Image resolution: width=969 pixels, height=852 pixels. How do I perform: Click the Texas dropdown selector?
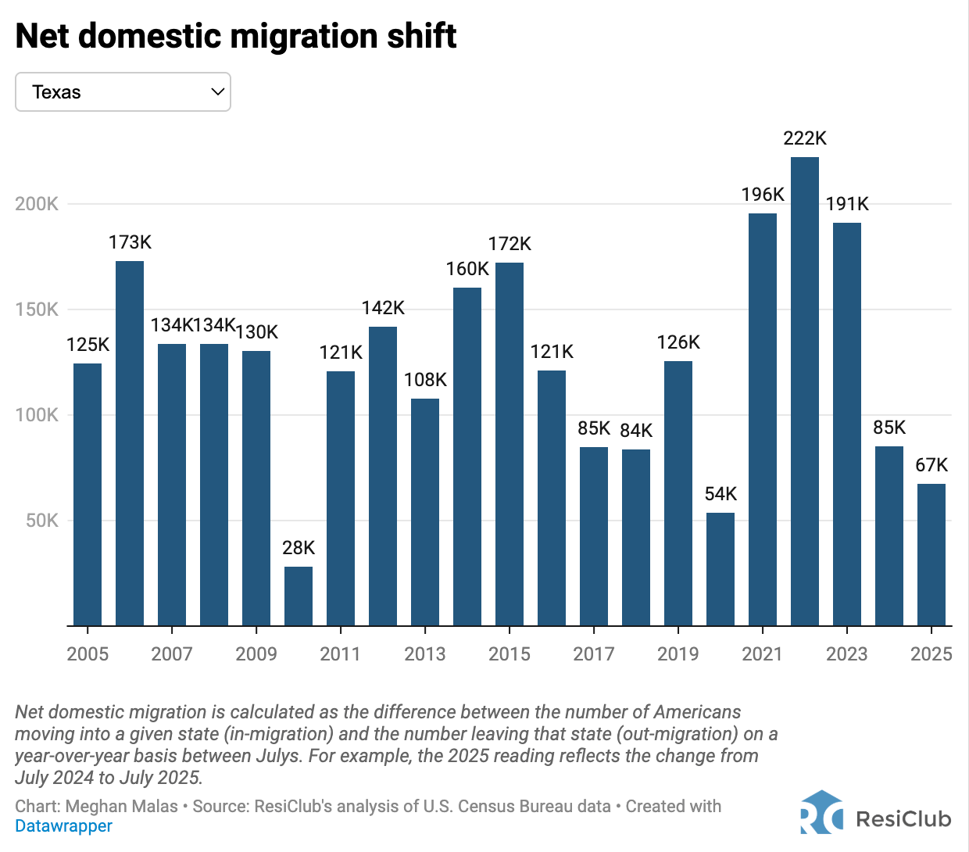(x=123, y=92)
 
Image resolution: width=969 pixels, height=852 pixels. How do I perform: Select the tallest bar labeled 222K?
(x=805, y=391)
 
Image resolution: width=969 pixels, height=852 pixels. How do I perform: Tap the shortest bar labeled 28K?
(x=299, y=596)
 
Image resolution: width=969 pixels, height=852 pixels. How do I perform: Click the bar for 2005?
(x=88, y=494)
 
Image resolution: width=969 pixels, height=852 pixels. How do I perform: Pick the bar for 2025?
(x=931, y=555)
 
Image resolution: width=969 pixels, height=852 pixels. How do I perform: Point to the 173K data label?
(x=130, y=242)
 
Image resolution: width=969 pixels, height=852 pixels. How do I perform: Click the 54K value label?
(x=720, y=494)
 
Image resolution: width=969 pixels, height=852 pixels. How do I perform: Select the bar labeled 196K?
(x=763, y=419)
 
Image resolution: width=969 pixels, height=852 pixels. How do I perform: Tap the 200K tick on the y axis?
(x=37, y=204)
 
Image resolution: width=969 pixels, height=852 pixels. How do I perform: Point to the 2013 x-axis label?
(x=425, y=654)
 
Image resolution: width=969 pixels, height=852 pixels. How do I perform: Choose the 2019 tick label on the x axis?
(x=678, y=654)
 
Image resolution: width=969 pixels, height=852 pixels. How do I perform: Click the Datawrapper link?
(x=64, y=826)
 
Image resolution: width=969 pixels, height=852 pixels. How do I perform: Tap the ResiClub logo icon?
(x=821, y=813)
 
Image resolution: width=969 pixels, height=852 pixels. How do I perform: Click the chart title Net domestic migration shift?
(x=236, y=36)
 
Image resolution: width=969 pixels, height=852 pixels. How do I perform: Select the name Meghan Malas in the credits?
(x=122, y=807)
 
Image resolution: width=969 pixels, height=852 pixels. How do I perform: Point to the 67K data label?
(x=931, y=465)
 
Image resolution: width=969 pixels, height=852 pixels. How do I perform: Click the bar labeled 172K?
(x=510, y=444)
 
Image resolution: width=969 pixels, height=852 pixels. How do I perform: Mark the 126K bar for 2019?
(x=678, y=493)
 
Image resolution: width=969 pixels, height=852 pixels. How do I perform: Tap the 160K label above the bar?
(x=467, y=269)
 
